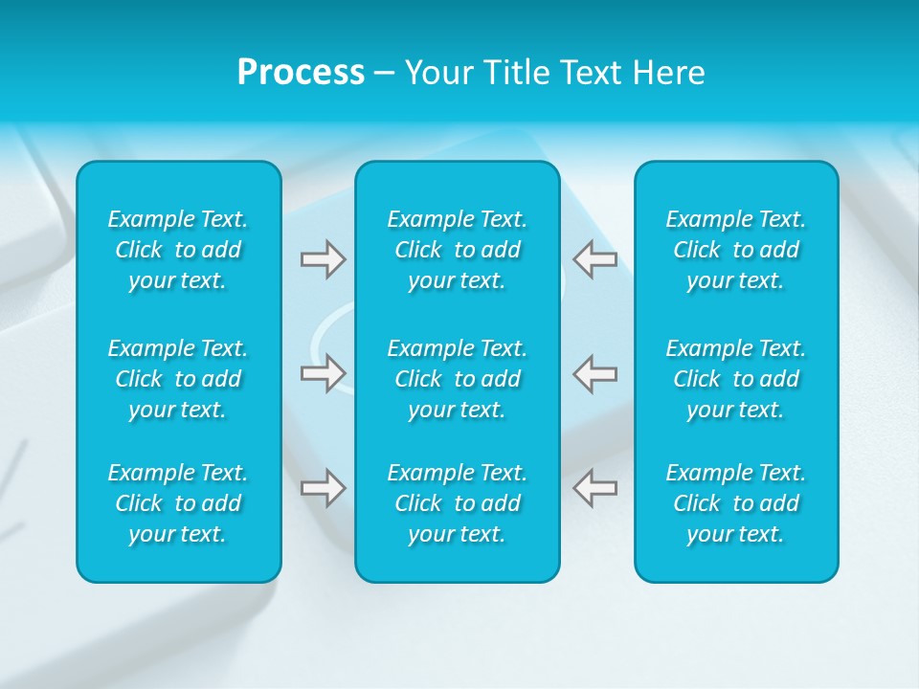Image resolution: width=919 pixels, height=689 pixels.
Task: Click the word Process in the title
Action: [x=301, y=73]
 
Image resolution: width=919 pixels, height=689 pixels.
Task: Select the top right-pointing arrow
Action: [x=323, y=259]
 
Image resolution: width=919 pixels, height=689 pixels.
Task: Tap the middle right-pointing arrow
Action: [x=323, y=373]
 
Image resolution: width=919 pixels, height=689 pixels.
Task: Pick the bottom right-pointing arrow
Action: [x=323, y=488]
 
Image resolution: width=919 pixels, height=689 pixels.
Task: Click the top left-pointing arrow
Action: [x=594, y=259]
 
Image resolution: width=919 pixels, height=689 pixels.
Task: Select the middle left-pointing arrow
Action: [x=594, y=373]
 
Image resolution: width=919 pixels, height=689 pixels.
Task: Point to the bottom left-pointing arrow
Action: [x=594, y=488]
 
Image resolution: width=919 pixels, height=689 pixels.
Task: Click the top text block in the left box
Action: [x=178, y=250]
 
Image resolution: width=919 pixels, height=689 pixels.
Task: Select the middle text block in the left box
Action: [x=178, y=379]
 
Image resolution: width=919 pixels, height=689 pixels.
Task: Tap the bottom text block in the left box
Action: [x=178, y=503]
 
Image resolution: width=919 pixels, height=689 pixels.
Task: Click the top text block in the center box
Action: [x=458, y=250]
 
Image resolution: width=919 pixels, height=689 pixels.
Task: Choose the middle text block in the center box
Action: [x=458, y=379]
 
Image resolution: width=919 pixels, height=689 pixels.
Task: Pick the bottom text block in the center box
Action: [x=458, y=503]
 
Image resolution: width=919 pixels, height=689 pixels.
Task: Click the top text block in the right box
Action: [x=736, y=250]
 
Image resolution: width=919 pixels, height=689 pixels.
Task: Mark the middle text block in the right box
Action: [x=736, y=379]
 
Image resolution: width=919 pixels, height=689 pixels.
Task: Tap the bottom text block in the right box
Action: [x=736, y=503]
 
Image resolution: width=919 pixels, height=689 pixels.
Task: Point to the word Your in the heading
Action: [x=438, y=73]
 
